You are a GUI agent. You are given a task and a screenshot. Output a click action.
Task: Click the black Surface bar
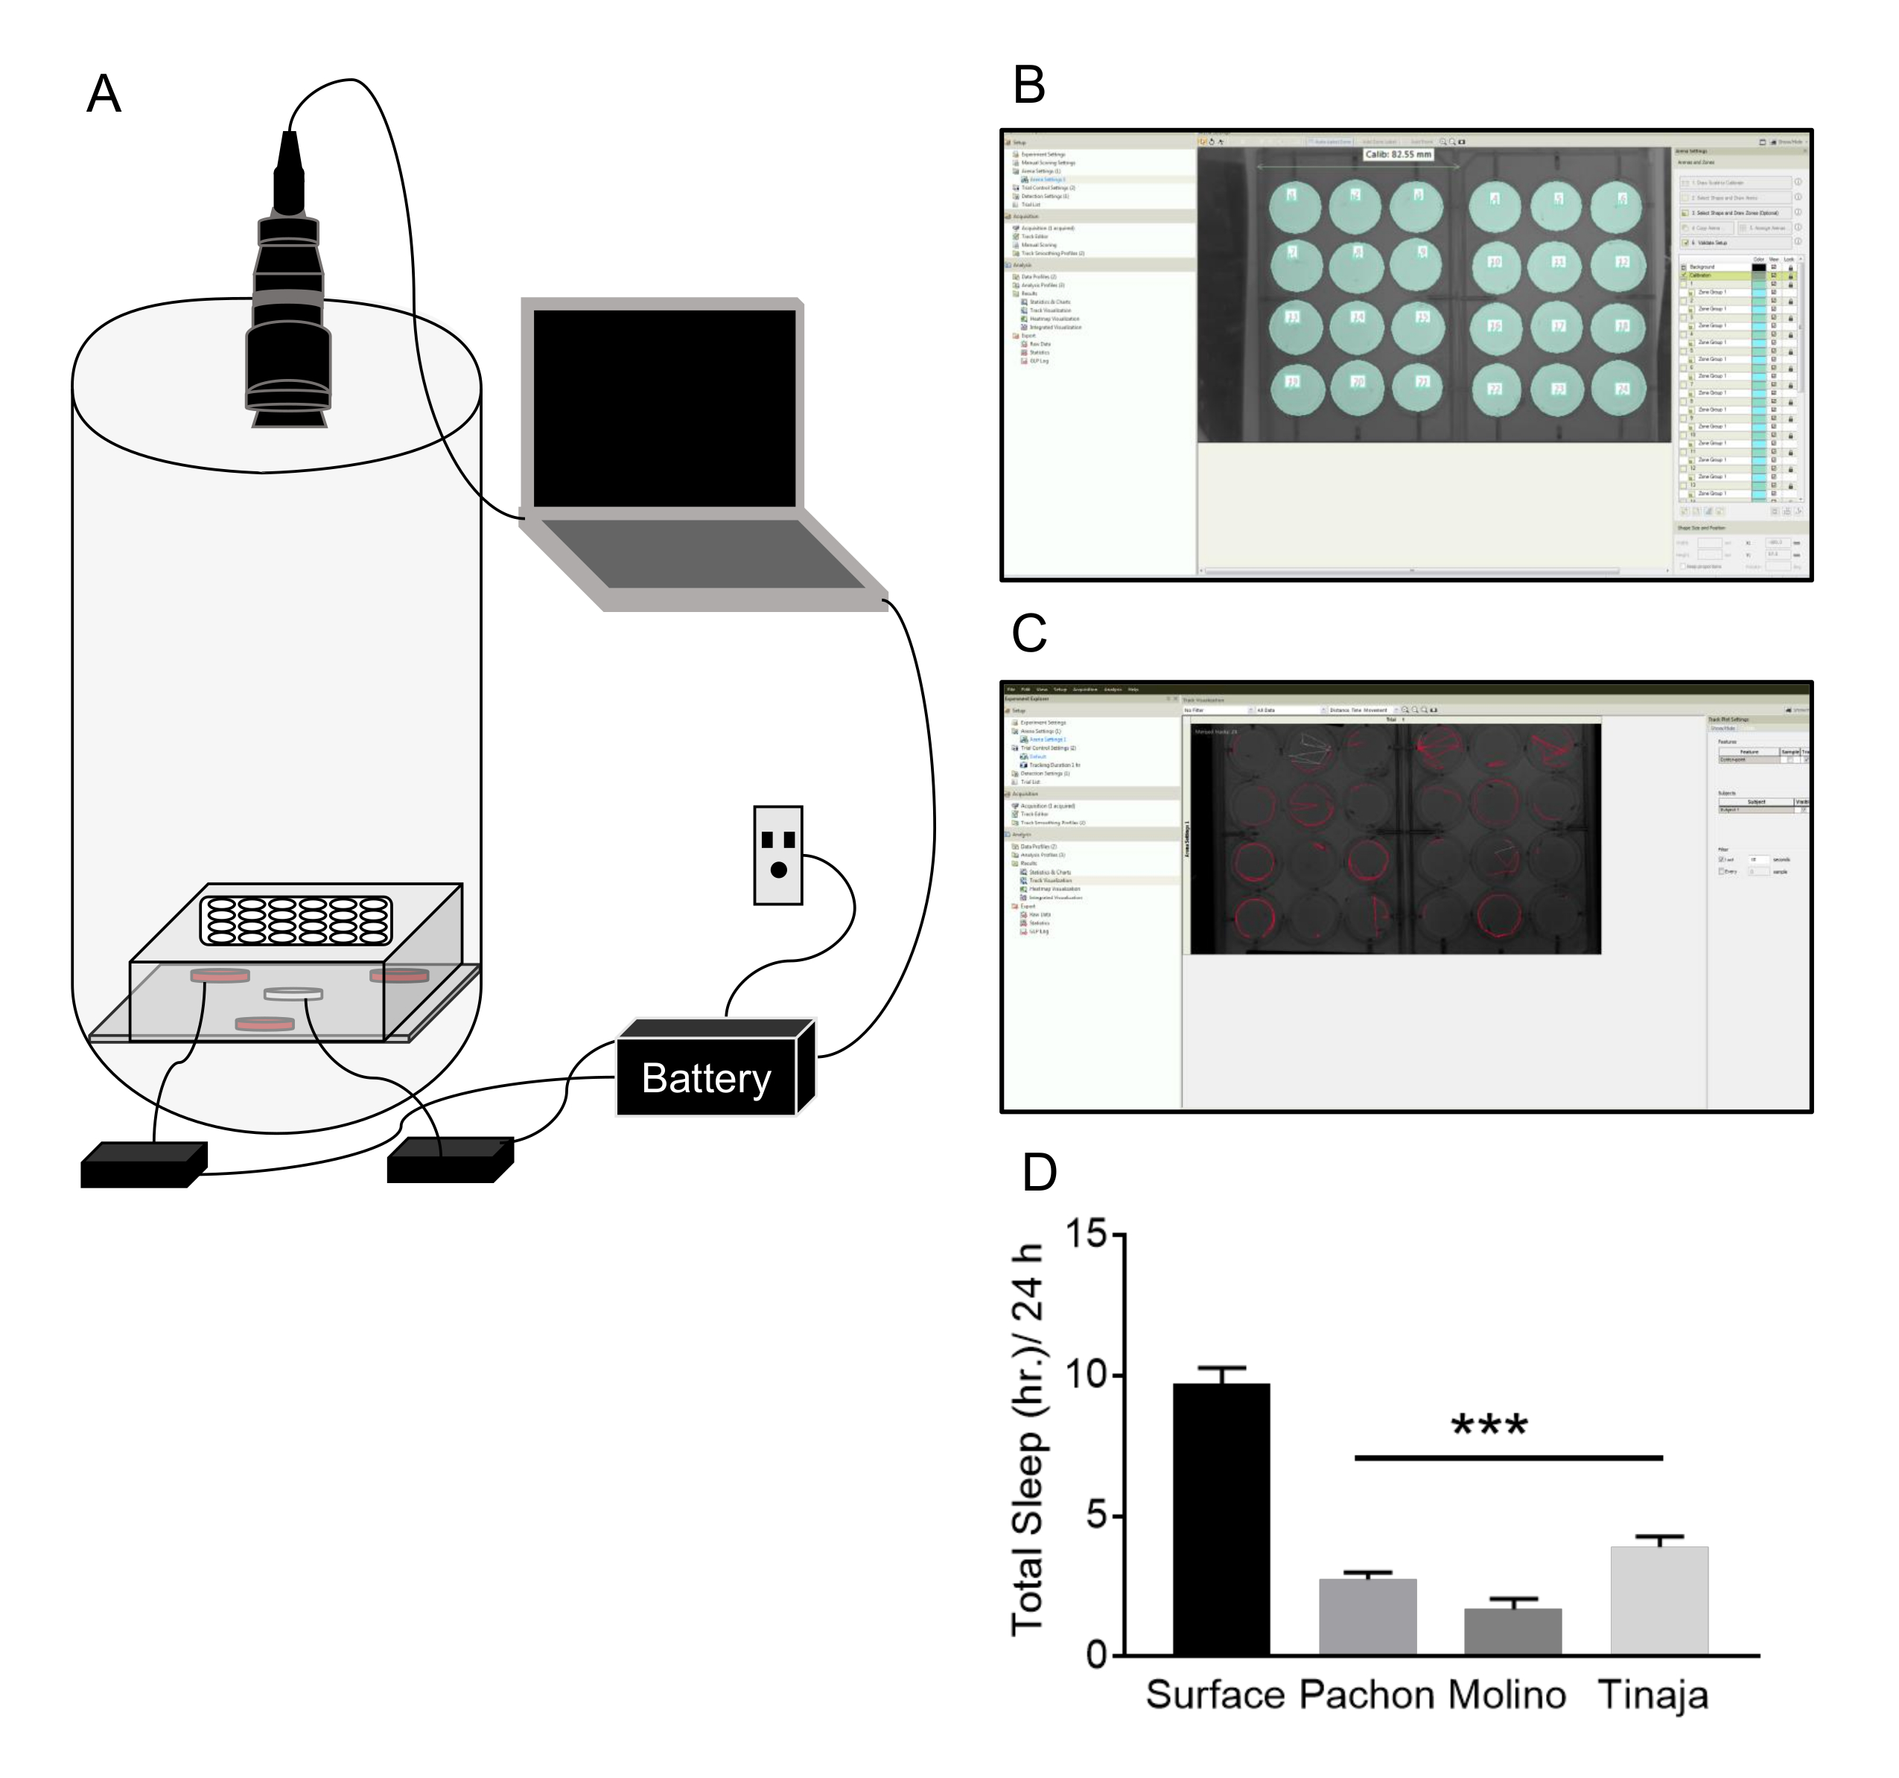[x=1221, y=1518]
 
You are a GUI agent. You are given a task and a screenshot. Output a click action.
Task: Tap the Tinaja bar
[x=1658, y=1600]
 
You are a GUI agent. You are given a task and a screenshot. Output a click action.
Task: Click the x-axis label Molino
[x=1507, y=1695]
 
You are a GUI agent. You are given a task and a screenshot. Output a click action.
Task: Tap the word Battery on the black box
[x=706, y=1078]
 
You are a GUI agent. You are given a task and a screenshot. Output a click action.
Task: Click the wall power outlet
[x=777, y=855]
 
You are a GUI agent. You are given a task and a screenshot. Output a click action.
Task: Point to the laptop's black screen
[x=664, y=408]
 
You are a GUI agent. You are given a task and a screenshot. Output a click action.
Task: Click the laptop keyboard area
[x=703, y=553]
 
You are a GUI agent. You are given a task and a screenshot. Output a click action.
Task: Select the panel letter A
[x=104, y=95]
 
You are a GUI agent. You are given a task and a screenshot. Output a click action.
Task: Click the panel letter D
[x=1040, y=1173]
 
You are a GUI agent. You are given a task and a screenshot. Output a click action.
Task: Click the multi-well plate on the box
[x=295, y=920]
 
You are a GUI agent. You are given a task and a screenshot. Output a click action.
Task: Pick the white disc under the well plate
[x=293, y=994]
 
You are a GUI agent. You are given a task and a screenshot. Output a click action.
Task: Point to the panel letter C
[x=1028, y=632]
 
